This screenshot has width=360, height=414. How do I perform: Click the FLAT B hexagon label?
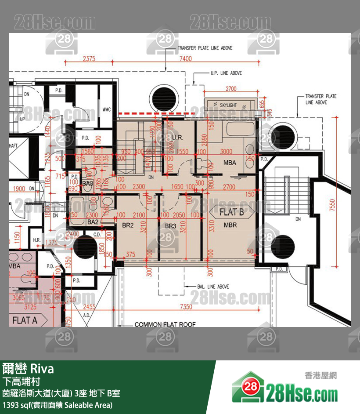(231, 212)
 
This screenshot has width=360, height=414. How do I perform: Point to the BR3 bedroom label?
(170, 226)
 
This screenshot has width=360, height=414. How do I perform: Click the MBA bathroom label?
(230, 163)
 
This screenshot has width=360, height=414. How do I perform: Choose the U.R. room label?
(177, 138)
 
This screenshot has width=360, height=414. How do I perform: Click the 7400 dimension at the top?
(185, 58)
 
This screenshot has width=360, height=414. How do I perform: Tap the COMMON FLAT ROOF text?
(165, 325)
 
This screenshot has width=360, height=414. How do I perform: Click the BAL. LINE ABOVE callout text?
(213, 287)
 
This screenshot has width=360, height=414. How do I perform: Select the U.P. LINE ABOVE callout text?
(226, 73)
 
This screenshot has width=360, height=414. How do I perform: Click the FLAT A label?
(24, 320)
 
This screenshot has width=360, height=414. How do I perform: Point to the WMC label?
(106, 109)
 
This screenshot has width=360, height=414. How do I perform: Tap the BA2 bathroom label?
(93, 222)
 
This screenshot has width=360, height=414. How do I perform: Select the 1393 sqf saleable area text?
(58, 405)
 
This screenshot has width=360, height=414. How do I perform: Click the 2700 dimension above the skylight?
(231, 89)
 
